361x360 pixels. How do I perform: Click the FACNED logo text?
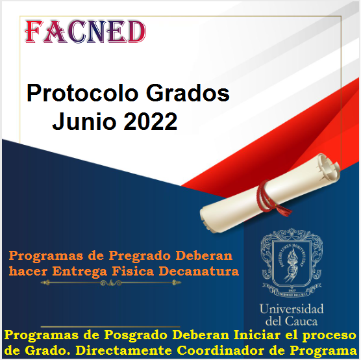click(x=86, y=32)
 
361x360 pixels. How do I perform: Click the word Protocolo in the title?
click(x=82, y=94)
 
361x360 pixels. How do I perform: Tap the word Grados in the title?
click(x=188, y=94)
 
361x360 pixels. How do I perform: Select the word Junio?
click(x=84, y=122)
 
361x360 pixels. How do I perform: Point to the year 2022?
click(x=151, y=122)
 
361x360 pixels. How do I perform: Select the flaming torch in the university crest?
click(x=292, y=265)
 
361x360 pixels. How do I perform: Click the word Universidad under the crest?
click(x=292, y=309)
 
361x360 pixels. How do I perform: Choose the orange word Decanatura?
click(x=199, y=271)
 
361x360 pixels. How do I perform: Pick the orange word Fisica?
click(x=133, y=271)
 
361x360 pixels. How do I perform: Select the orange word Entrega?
click(x=80, y=272)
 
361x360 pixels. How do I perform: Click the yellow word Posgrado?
click(x=136, y=335)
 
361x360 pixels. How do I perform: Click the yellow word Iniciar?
click(x=256, y=335)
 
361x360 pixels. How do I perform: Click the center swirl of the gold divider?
click(x=111, y=283)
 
